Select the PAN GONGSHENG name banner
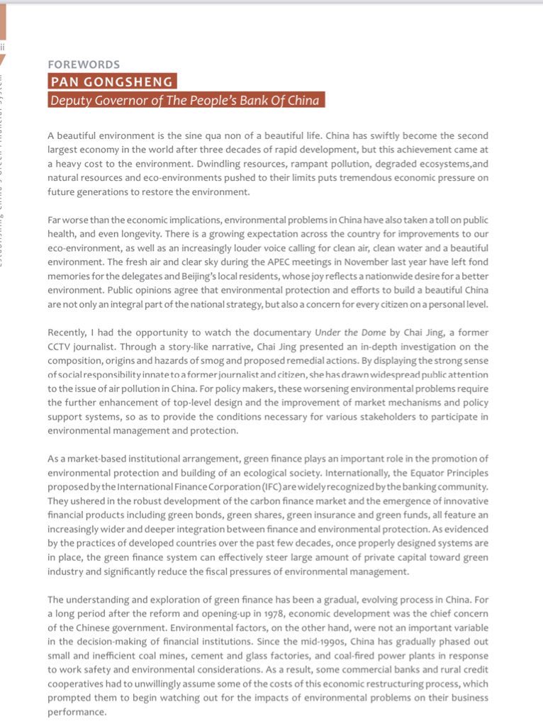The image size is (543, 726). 112,82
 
